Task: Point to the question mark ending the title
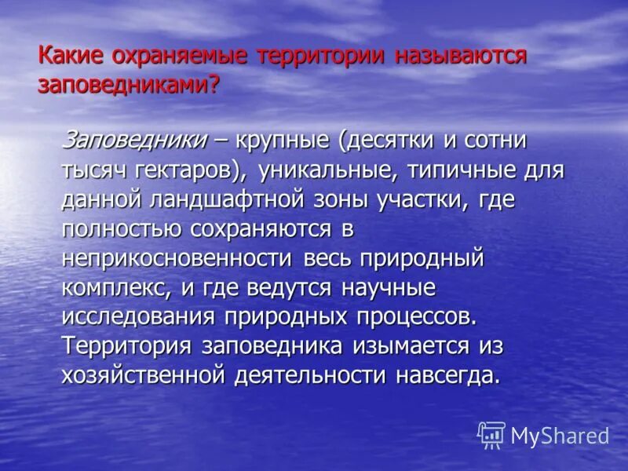pyautogui.click(x=213, y=85)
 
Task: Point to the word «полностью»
pyautogui.click(x=119, y=228)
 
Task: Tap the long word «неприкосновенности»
pyautogui.click(x=177, y=258)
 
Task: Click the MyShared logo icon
pyautogui.click(x=492, y=434)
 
